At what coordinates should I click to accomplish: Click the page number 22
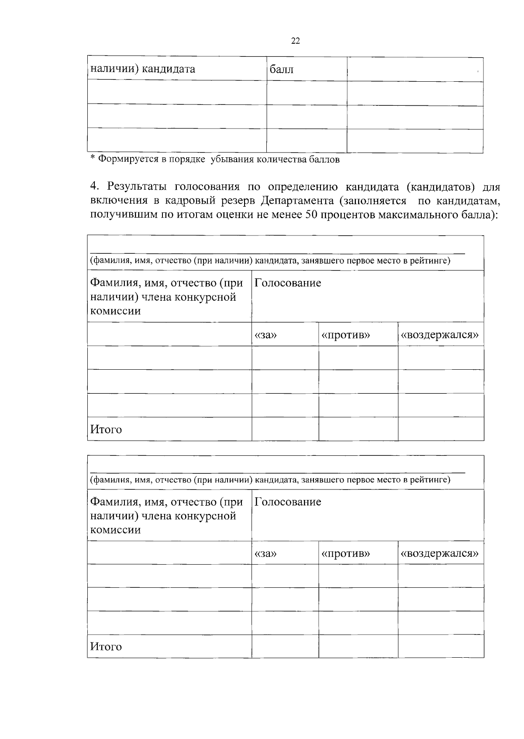click(295, 41)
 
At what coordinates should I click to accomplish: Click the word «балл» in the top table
click(282, 69)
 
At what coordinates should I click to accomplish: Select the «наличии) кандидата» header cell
click(142, 69)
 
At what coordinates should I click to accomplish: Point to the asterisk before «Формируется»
click(92, 158)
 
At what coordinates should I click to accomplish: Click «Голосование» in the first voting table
click(288, 283)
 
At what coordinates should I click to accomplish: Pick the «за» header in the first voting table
click(265, 335)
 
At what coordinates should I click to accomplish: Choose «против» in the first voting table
click(345, 335)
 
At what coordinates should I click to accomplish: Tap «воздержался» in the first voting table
click(440, 335)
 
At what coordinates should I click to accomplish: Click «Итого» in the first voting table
click(106, 430)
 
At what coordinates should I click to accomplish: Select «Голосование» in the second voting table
click(288, 502)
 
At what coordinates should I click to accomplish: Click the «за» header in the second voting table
click(265, 554)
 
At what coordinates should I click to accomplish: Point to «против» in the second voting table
click(345, 554)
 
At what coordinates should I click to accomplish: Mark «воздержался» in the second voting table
click(440, 554)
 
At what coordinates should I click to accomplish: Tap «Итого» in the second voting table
click(106, 647)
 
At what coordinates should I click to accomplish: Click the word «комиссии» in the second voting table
click(115, 530)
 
